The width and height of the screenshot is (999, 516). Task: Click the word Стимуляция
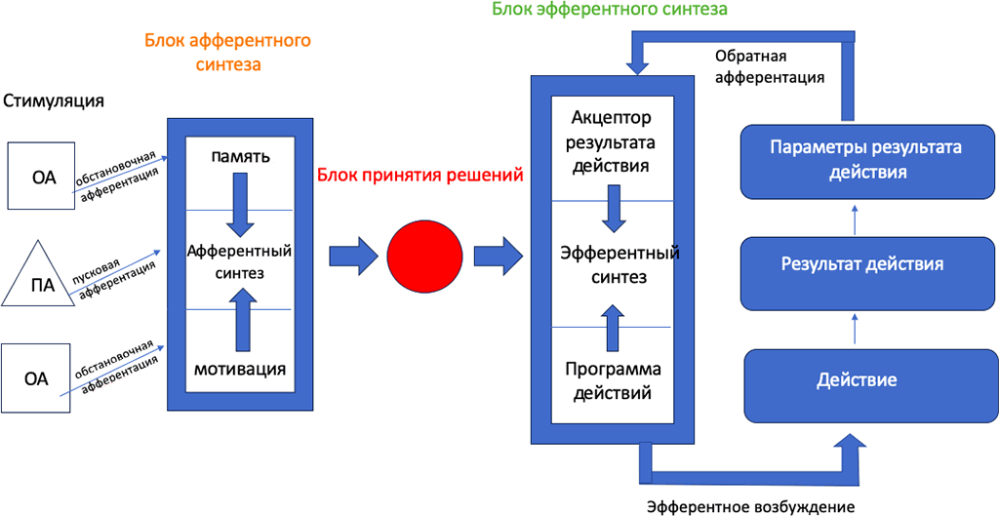54,100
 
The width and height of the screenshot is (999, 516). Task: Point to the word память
239,156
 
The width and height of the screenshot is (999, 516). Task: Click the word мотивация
239,369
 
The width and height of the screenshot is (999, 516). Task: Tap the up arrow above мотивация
239,320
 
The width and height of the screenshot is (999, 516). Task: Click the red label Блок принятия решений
420,176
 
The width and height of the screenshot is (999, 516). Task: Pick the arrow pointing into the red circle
352,257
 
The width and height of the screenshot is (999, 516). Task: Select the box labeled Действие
857,378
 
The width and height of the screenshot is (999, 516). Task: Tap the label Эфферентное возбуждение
751,506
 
